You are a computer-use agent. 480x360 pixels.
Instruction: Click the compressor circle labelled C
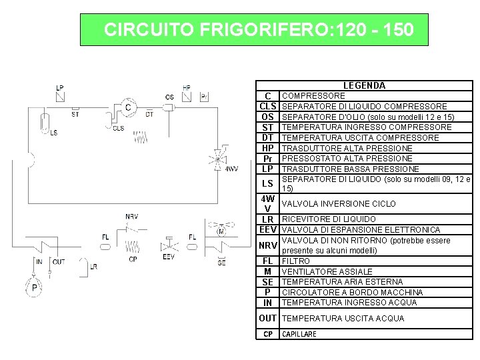pyautogui.click(x=128, y=107)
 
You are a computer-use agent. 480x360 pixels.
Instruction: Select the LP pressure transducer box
pyautogui.click(x=59, y=97)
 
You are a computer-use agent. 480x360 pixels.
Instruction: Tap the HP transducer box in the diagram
pyautogui.click(x=186, y=96)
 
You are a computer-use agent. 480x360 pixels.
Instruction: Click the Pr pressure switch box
pyautogui.click(x=205, y=97)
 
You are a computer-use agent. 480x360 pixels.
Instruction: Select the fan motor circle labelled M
pyautogui.click(x=221, y=231)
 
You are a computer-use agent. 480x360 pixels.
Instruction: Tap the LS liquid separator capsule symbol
pyautogui.click(x=43, y=122)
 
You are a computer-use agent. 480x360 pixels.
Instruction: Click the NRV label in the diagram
pyautogui.click(x=132, y=217)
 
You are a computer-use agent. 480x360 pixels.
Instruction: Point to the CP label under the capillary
pyautogui.click(x=133, y=259)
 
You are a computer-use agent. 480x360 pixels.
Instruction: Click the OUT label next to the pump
pyautogui.click(x=59, y=261)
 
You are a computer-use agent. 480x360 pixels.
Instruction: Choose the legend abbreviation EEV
pyautogui.click(x=267, y=230)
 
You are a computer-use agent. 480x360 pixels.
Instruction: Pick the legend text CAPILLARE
pyautogui.click(x=299, y=334)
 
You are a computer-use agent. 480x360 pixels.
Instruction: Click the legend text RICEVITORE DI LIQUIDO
pyautogui.click(x=329, y=219)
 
